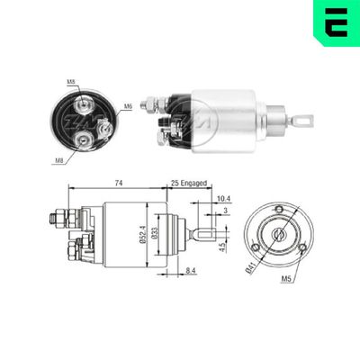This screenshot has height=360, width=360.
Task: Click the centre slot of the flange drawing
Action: point(278,234)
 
